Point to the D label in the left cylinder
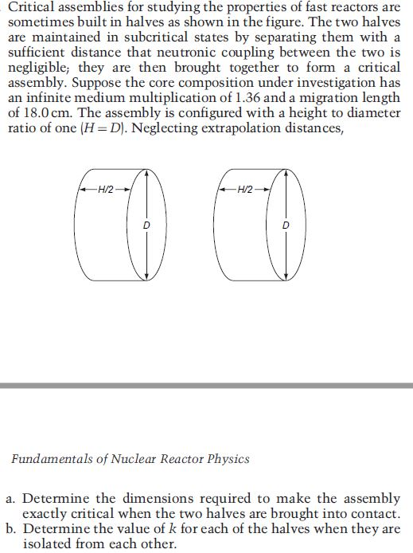tap(146, 226)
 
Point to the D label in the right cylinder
tap(287, 226)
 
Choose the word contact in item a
tap(368, 514)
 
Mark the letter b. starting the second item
tap(11, 528)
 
